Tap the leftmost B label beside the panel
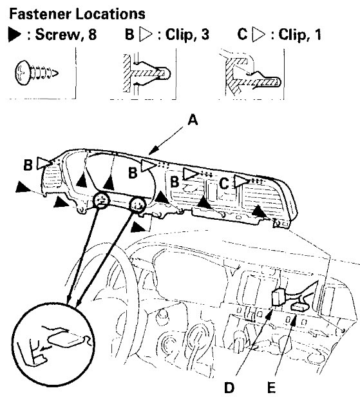point(28,165)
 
